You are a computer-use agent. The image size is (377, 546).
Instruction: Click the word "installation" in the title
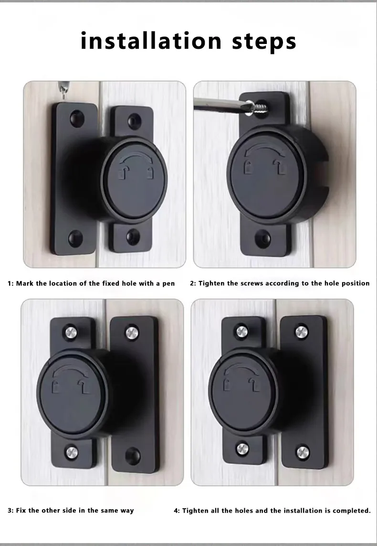[151, 41]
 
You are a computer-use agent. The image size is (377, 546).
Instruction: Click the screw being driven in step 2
[259, 108]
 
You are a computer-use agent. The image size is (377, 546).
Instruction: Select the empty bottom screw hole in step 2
[262, 239]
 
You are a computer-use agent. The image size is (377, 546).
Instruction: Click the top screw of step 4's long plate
[302, 332]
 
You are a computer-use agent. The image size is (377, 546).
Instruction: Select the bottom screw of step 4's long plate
[302, 452]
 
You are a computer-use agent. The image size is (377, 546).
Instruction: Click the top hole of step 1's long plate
[77, 119]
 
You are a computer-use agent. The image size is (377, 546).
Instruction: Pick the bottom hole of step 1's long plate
[75, 238]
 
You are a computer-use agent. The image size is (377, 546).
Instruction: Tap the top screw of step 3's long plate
[132, 333]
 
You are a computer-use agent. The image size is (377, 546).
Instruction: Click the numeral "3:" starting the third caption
[10, 511]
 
